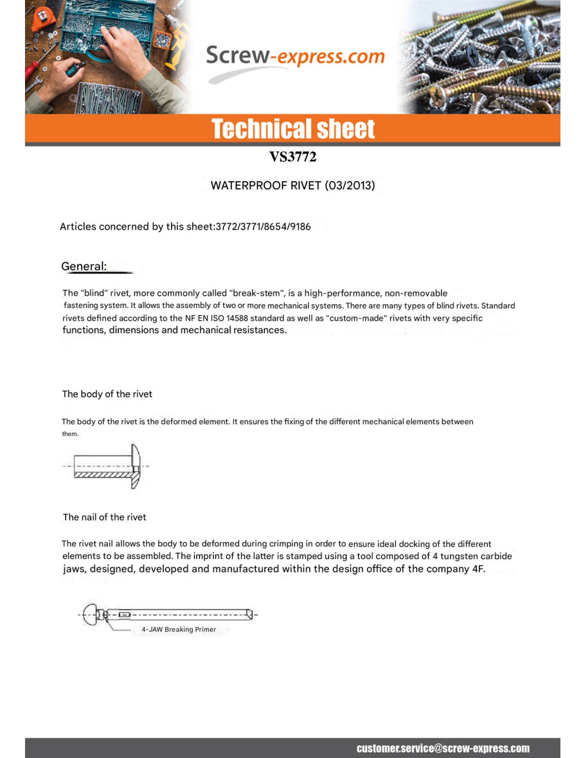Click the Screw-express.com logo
tap(295, 57)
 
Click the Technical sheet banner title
tap(293, 129)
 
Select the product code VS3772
tap(292, 157)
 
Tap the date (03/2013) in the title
tap(351, 186)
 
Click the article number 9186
tap(300, 227)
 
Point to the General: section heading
tap(84, 266)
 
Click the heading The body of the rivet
tap(107, 394)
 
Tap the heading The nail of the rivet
tap(104, 517)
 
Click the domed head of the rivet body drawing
tap(136, 466)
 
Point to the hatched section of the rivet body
tap(102, 474)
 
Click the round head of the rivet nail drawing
tap(91, 615)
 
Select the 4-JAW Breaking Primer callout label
tap(178, 630)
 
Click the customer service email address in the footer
tap(443, 748)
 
